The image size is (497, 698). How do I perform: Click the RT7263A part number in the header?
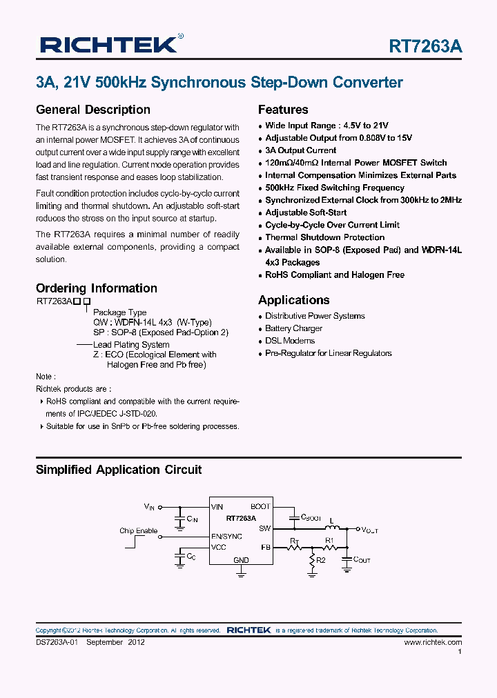[425, 46]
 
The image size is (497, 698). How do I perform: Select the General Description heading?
[92, 110]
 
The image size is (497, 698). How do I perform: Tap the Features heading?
[283, 110]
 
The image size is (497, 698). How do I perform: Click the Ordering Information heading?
[96, 288]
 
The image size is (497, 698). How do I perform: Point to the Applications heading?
[293, 300]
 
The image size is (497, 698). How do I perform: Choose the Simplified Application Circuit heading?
[119, 470]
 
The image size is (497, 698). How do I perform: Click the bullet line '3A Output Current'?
[300, 150]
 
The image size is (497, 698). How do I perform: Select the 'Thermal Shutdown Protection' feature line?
[324, 237]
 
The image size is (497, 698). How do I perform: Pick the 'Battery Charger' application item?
[293, 328]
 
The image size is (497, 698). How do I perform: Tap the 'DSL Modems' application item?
[290, 341]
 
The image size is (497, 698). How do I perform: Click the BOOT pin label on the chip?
[260, 507]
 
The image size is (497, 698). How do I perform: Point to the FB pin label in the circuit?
[266, 547]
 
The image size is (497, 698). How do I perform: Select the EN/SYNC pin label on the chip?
[226, 536]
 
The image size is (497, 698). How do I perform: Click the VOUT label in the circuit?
[370, 530]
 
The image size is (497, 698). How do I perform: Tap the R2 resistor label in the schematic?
[320, 561]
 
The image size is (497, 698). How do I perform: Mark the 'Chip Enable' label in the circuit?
[138, 530]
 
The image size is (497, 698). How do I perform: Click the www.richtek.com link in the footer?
[433, 642]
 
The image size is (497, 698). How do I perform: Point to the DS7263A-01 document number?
[57, 642]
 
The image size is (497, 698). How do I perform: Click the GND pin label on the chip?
[241, 560]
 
